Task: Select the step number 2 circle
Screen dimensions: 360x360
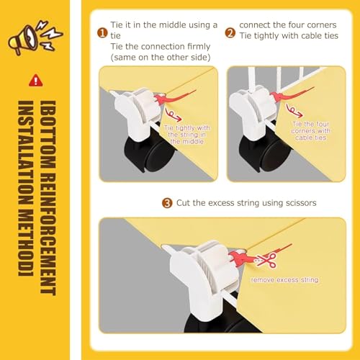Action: (x=230, y=32)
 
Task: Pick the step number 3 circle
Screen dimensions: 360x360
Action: (x=166, y=203)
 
